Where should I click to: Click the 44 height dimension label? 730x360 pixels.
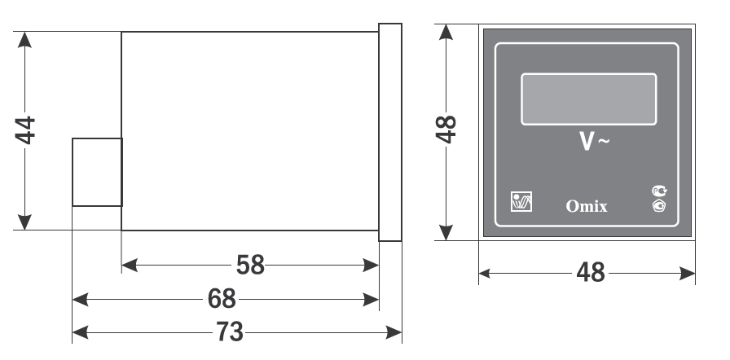[26, 130]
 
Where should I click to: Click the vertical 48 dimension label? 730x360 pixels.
[445, 130]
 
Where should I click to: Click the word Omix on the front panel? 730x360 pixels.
[587, 207]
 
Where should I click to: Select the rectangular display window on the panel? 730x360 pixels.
[588, 99]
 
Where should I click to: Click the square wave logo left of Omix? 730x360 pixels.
[521, 201]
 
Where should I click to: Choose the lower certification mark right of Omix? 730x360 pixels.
[659, 206]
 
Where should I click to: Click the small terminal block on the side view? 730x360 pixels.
[97, 172]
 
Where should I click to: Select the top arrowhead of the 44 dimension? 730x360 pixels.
[25, 38]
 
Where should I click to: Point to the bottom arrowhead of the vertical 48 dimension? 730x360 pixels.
[445, 235]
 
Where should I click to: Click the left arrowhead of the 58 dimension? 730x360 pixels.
[127, 266]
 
